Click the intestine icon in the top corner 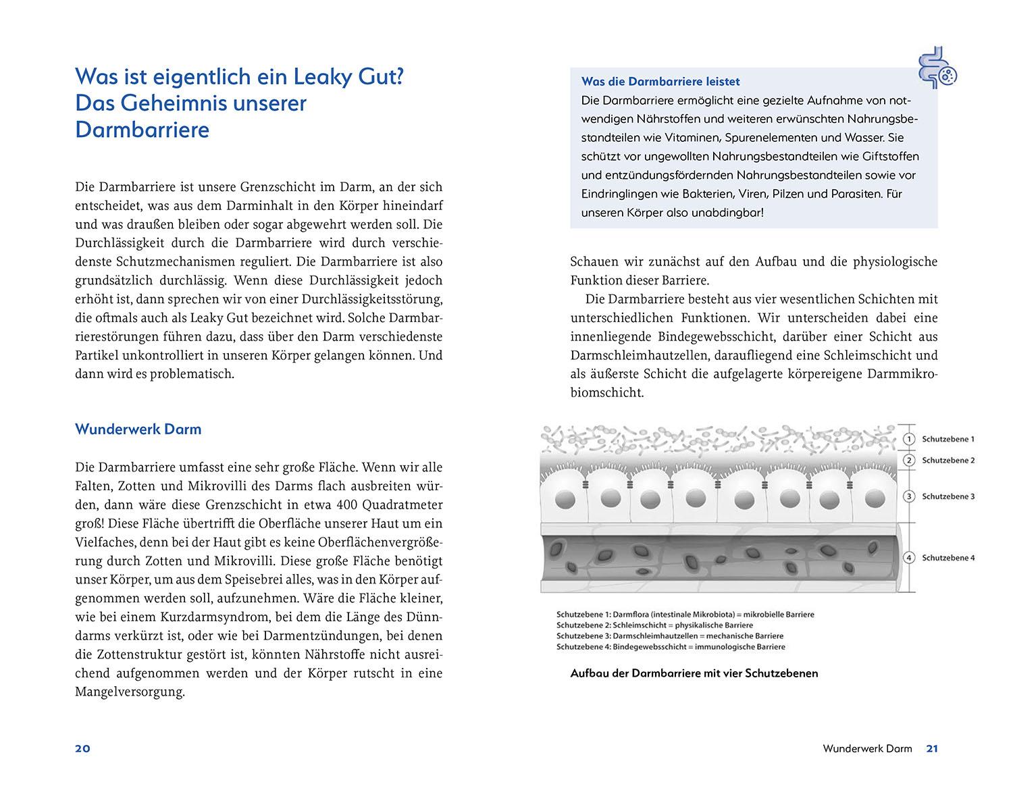937,68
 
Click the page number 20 82,748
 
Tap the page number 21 932,748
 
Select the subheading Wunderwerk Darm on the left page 138,429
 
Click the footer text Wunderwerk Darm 867,748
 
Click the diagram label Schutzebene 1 947,439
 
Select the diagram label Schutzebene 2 947,461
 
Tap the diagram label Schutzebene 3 947,496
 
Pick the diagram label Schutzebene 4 947,558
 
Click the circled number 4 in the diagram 910,558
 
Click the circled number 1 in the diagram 910,439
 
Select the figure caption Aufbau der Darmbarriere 694,673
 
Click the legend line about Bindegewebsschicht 671,646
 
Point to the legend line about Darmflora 685,615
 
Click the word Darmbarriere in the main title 142,129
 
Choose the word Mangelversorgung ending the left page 130,692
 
